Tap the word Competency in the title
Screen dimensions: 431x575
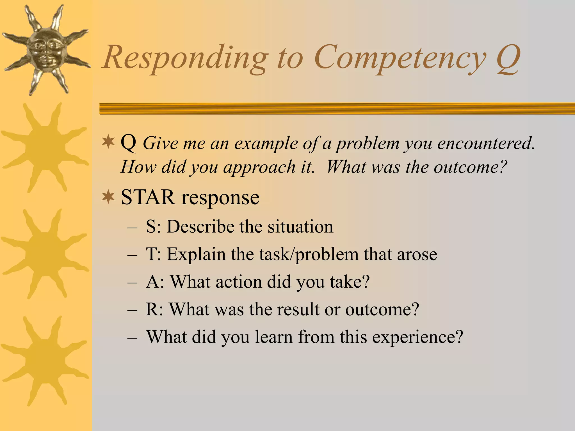point(400,58)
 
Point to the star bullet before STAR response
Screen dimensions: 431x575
point(108,197)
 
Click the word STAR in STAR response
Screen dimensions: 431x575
point(148,197)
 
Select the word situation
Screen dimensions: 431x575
point(300,226)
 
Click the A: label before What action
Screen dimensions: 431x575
point(155,282)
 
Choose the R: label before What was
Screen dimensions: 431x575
point(154,309)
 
